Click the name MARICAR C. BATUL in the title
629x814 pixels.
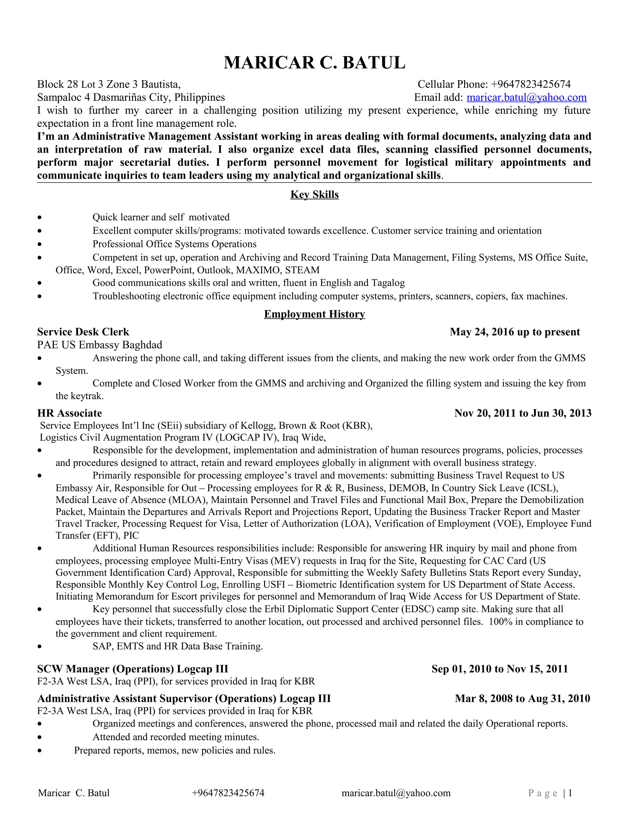314,63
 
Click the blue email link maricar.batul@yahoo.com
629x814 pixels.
526,98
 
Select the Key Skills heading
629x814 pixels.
314,194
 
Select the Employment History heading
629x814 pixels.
314,314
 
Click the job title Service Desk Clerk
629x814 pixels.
83,332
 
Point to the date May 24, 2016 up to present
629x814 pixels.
515,332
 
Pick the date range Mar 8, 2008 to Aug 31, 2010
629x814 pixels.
522,699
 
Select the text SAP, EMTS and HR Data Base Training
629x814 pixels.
178,646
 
